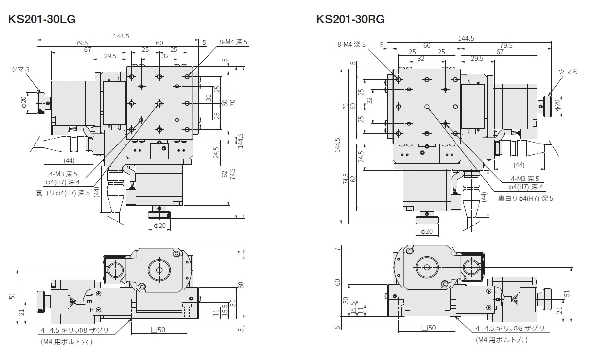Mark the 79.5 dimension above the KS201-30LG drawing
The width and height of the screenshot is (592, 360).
(81, 43)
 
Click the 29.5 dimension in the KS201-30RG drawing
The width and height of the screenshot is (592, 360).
(476, 58)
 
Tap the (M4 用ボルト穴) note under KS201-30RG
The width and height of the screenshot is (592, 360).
(501, 340)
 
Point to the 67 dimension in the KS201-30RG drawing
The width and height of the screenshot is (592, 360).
(500, 51)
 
